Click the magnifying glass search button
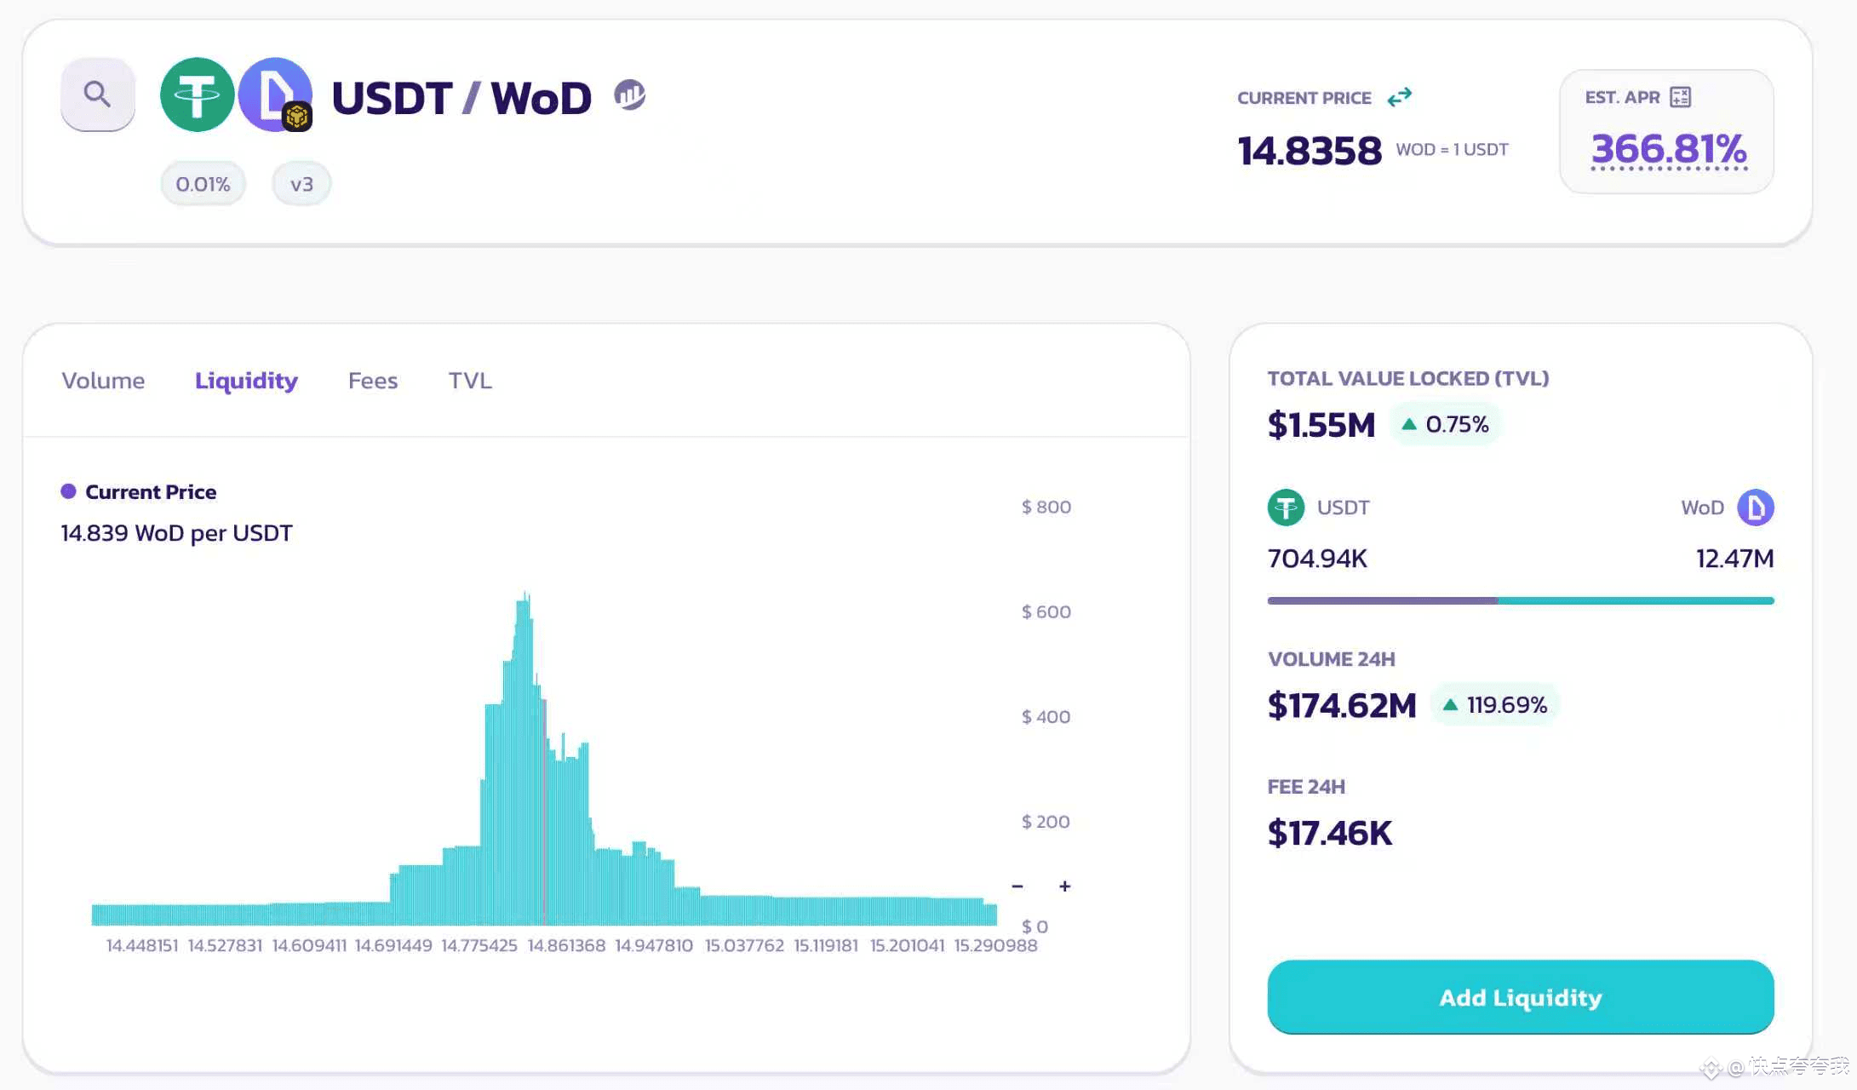pos(97,94)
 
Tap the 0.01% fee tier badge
pos(203,184)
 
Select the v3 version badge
pos(301,184)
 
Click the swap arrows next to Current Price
pos(1399,97)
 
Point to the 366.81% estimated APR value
pos(1668,149)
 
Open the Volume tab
pos(103,381)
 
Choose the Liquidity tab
pos(246,381)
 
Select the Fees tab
pos(373,381)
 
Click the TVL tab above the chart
pos(470,381)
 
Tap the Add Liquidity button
pos(1520,997)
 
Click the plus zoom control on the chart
pos(1064,886)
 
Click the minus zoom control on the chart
pos(1017,886)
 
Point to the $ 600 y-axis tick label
pos(1046,611)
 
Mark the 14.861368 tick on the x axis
pos(566,945)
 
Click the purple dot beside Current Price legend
pos(69,491)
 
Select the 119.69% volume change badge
pos(1495,705)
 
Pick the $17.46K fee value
pos(1329,833)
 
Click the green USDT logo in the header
pos(197,95)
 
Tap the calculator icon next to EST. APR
pos(1681,97)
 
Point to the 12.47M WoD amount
pos(1734,559)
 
